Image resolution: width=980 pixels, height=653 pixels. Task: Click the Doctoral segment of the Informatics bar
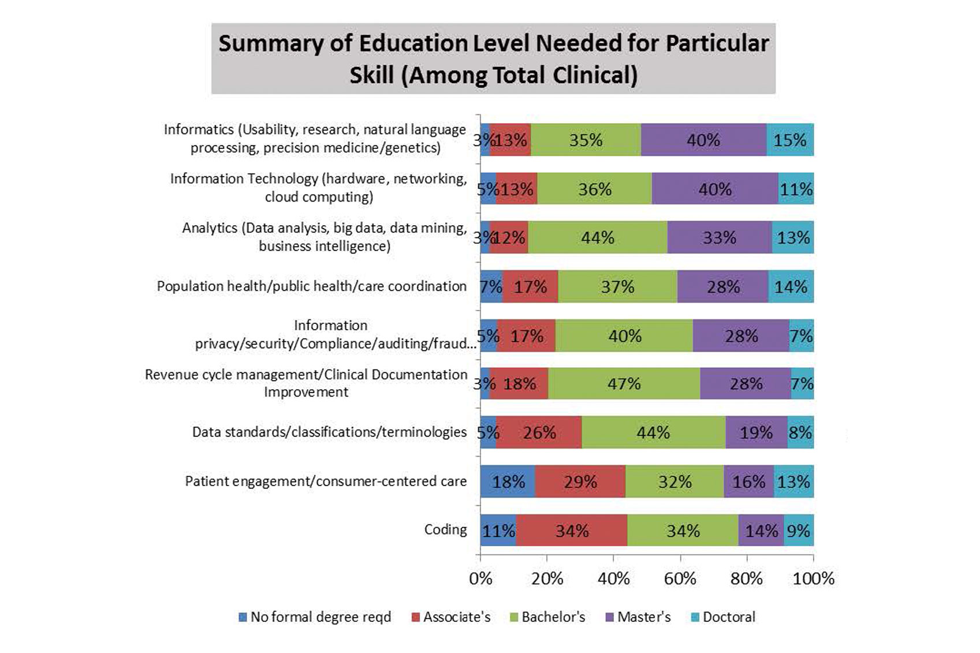(789, 140)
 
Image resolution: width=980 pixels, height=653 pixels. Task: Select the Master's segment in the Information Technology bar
(715, 189)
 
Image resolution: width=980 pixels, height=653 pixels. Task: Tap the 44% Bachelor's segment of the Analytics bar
(598, 237)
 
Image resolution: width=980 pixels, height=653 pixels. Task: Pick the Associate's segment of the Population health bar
(530, 286)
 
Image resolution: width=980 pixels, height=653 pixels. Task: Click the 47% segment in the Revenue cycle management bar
(624, 384)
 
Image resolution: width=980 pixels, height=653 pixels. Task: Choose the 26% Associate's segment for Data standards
(539, 432)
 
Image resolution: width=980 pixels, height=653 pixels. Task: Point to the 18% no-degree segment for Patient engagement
(508, 482)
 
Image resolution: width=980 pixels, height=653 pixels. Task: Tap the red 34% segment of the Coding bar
(572, 531)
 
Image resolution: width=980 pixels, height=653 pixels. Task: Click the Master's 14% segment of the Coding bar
(761, 531)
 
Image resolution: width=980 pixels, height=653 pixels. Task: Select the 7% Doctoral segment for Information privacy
(801, 335)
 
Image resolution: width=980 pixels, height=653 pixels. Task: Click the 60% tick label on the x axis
(680, 579)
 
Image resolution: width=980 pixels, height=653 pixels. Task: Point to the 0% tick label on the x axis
(480, 579)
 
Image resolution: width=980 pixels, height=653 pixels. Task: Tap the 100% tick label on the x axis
(813, 579)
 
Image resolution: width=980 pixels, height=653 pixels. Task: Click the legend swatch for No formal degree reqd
(243, 617)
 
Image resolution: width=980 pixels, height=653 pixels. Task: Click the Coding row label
(445, 529)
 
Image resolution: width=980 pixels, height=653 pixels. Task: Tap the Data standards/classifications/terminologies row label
(329, 432)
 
